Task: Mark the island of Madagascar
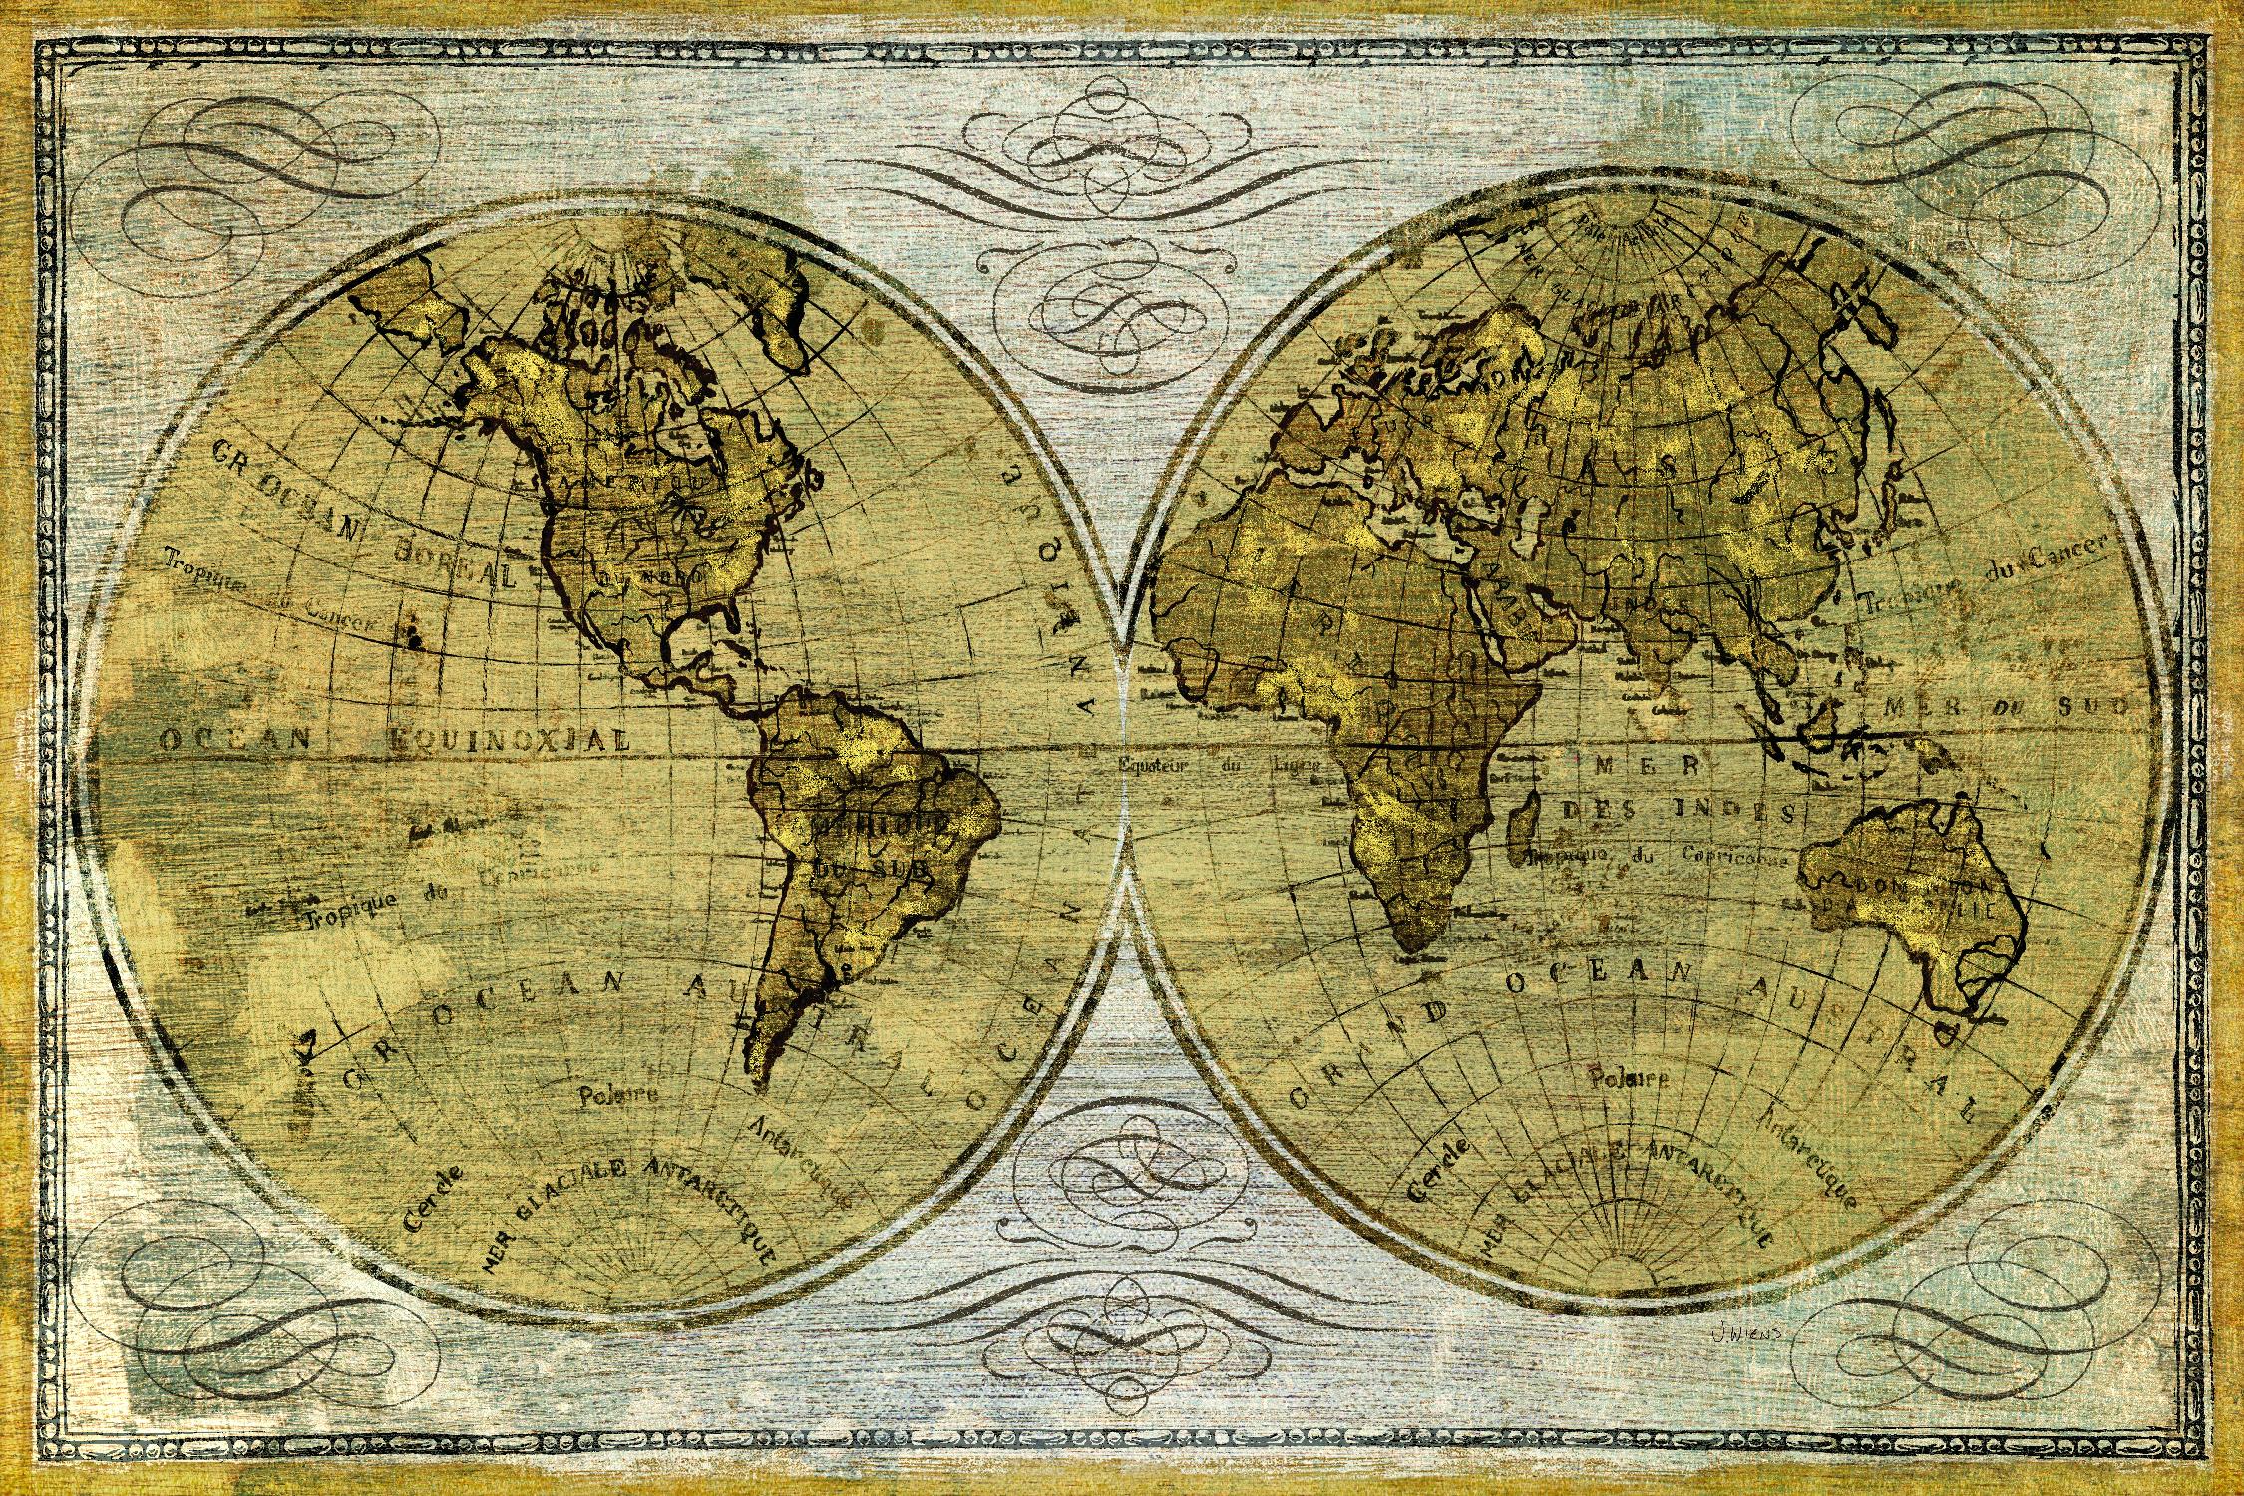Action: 1523,833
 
